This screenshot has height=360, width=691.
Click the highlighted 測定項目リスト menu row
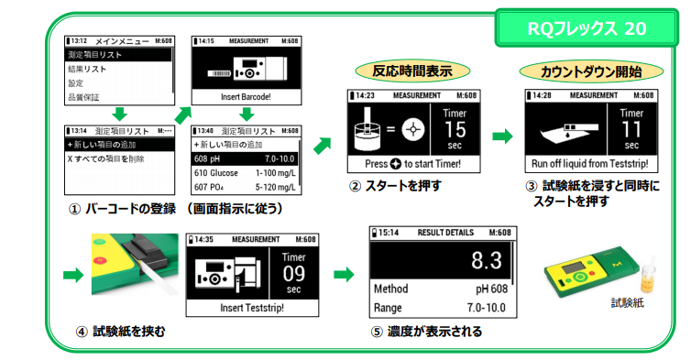click(x=118, y=55)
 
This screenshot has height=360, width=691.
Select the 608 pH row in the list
click(x=245, y=158)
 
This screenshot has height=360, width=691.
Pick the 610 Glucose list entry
click(x=245, y=173)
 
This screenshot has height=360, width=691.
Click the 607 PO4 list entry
click(x=245, y=188)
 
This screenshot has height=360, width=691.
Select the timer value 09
click(x=292, y=273)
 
